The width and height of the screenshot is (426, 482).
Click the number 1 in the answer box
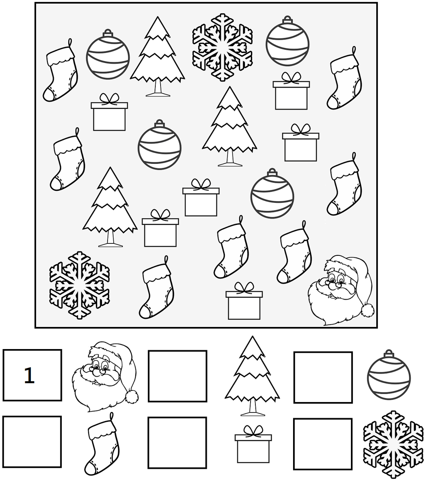point(29,376)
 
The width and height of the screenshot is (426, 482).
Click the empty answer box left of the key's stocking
point(32,441)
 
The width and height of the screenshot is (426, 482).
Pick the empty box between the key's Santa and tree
point(177,376)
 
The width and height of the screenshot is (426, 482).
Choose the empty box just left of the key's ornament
point(323,377)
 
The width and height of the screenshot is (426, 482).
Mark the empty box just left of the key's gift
point(177,443)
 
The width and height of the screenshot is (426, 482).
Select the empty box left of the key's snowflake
point(323,444)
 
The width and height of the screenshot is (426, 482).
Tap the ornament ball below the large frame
point(389,376)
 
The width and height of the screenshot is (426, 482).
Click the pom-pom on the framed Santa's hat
point(367,310)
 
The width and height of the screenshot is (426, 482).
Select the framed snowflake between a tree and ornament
point(222,47)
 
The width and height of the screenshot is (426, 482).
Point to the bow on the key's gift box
point(253,431)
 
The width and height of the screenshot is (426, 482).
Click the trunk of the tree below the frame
point(252,408)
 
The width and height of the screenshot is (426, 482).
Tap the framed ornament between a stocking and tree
point(108,54)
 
